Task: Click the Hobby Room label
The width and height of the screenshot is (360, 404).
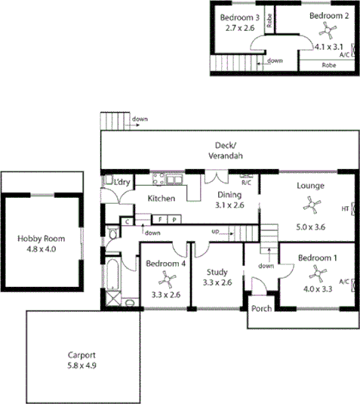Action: pos(41,239)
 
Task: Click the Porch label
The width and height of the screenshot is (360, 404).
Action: pos(261,308)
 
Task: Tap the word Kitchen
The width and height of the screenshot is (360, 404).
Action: pos(162,199)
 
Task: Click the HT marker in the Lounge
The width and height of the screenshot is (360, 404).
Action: pos(345,208)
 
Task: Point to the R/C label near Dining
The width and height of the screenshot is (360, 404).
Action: pos(246,182)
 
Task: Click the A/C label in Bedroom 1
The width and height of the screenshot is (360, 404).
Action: pos(344,281)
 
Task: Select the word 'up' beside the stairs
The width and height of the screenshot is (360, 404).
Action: pos(214,232)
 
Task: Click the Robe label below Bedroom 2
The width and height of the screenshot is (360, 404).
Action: pos(329,65)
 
